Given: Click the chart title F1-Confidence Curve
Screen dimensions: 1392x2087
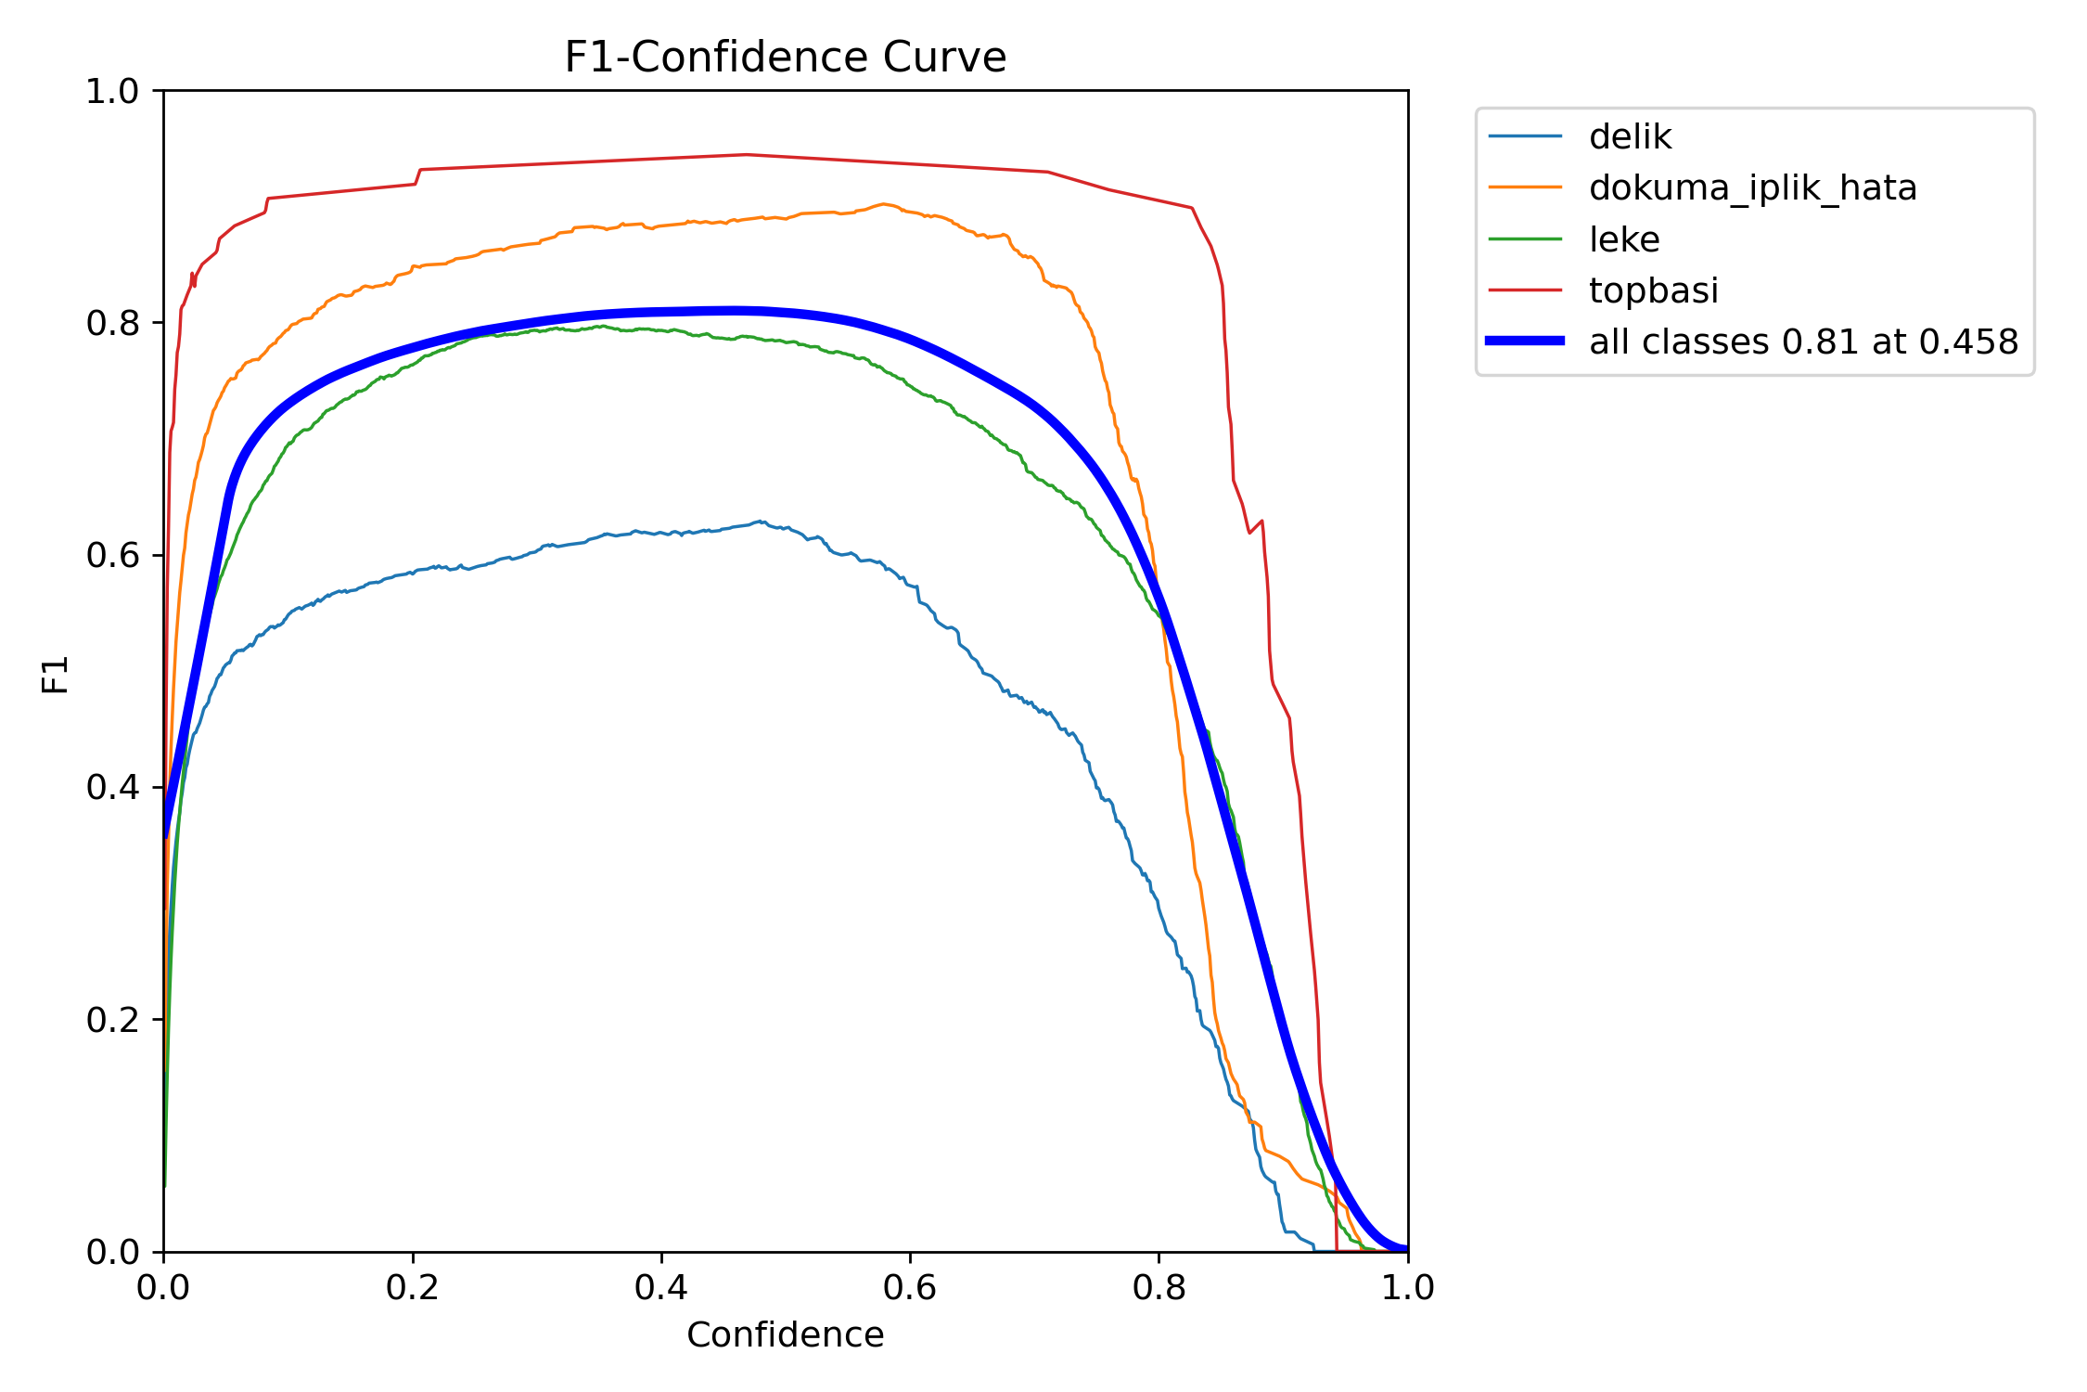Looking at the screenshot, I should (x=785, y=58).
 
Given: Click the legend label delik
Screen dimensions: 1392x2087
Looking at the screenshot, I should (x=1630, y=137).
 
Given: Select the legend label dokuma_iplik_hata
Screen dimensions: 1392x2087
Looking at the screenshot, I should (x=1752, y=188).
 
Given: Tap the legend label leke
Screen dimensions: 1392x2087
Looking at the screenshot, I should (x=1623, y=239).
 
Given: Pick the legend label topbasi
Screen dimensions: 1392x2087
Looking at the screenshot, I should (x=1653, y=290).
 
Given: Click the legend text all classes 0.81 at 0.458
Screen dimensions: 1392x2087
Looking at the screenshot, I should (x=1803, y=342).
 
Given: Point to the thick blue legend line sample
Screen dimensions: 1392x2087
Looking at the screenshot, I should (x=1525, y=341).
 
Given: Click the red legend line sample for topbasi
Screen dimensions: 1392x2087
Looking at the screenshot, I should (x=1525, y=290).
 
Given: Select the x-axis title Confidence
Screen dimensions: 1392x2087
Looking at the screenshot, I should (x=785, y=1334).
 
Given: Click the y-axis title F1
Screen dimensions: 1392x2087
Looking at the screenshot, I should (x=56, y=674).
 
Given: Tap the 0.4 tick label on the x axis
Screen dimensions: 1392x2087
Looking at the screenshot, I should (x=660, y=1288).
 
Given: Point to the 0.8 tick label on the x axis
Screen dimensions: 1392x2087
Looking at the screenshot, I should (x=1159, y=1288).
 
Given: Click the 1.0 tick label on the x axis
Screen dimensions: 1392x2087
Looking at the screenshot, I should (x=1407, y=1288).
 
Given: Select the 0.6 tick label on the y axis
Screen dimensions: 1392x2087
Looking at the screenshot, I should (x=112, y=556).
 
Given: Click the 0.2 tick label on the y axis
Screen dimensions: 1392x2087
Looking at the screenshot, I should (x=112, y=1020).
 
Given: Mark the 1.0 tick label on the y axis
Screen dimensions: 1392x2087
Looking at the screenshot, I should (x=112, y=92).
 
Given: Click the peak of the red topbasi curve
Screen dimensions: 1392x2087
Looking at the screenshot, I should (x=747, y=155).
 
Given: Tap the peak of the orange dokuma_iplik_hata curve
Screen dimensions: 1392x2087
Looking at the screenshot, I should (x=883, y=204).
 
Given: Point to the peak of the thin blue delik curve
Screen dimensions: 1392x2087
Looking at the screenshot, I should (x=759, y=522).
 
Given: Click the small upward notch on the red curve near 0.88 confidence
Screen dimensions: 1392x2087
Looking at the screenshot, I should (x=1261, y=522).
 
